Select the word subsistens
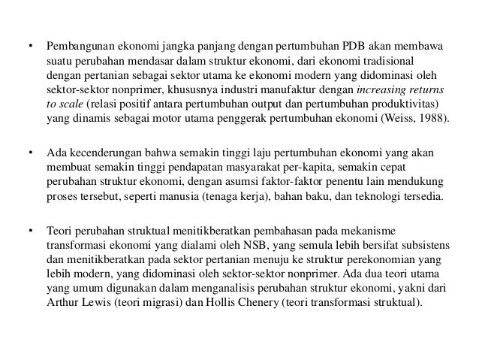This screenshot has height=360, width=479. pos(417,247)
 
